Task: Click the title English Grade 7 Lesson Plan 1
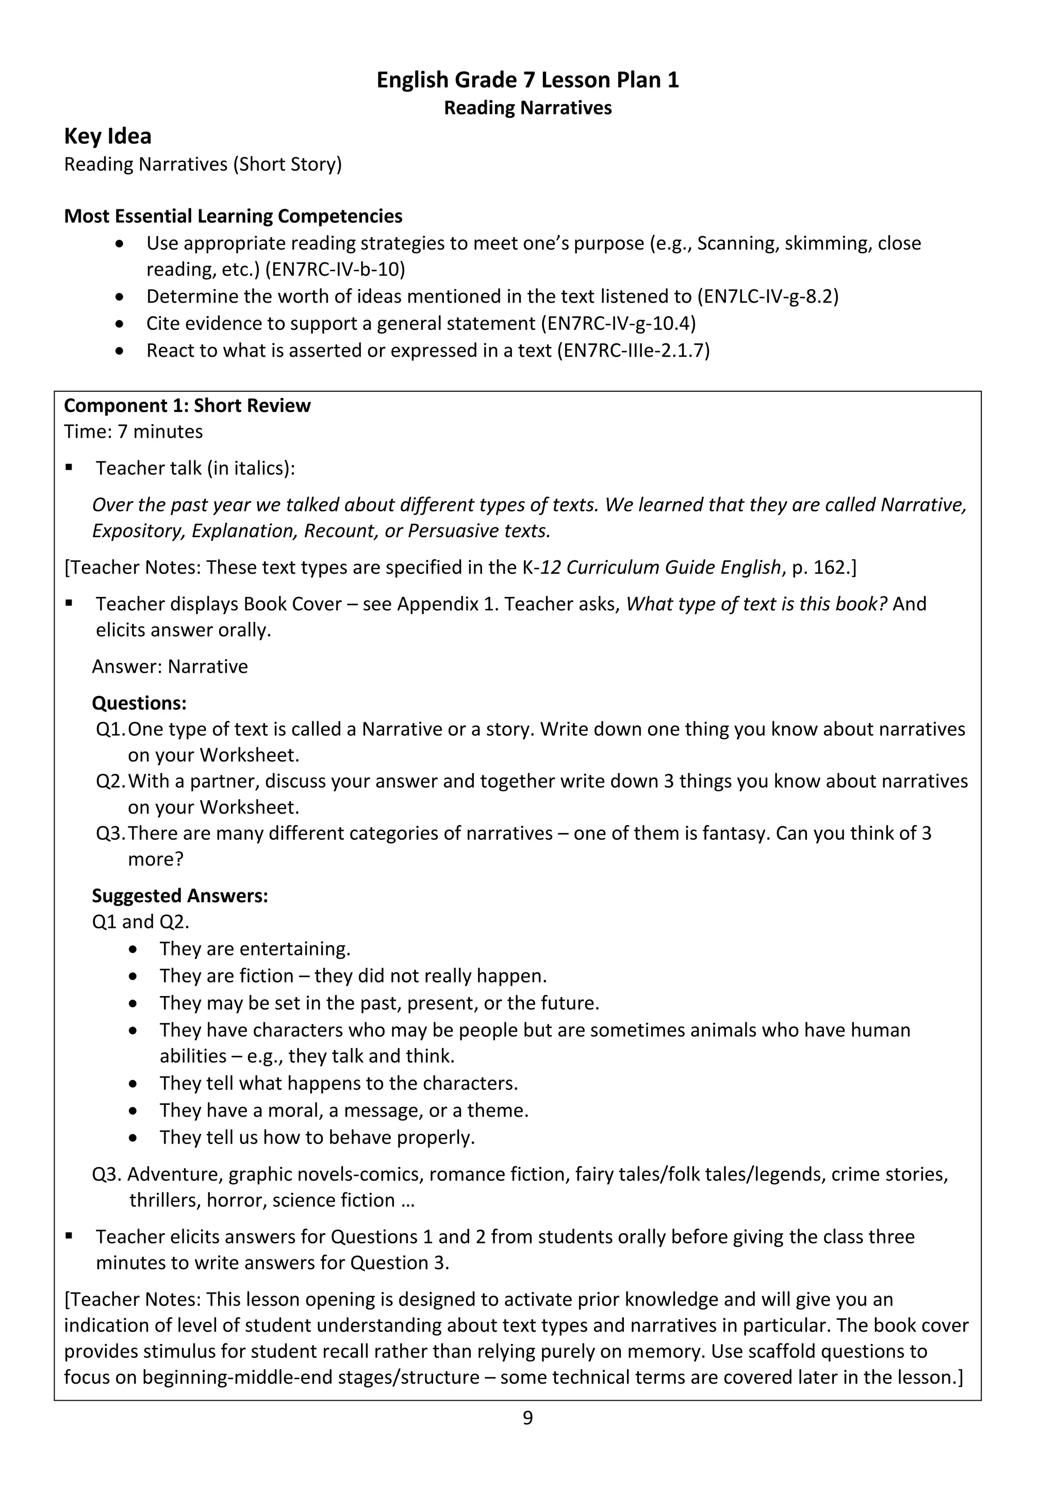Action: pyautogui.click(x=527, y=80)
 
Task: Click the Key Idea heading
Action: pyautogui.click(x=108, y=136)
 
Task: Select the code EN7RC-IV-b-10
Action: pyautogui.click(x=334, y=269)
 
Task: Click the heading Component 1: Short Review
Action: pyautogui.click(x=187, y=406)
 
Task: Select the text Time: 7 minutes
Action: pyautogui.click(x=134, y=432)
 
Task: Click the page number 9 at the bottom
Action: pyautogui.click(x=527, y=1418)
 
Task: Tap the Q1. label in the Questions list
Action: pyautogui.click(x=110, y=729)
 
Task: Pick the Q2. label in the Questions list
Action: pyautogui.click(x=110, y=782)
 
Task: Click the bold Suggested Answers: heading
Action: pyautogui.click(x=180, y=896)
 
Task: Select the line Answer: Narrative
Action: pyautogui.click(x=170, y=667)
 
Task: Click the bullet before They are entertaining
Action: pyautogui.click(x=134, y=950)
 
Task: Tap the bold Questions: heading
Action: pyautogui.click(x=139, y=704)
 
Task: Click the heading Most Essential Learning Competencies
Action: pyautogui.click(x=233, y=217)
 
